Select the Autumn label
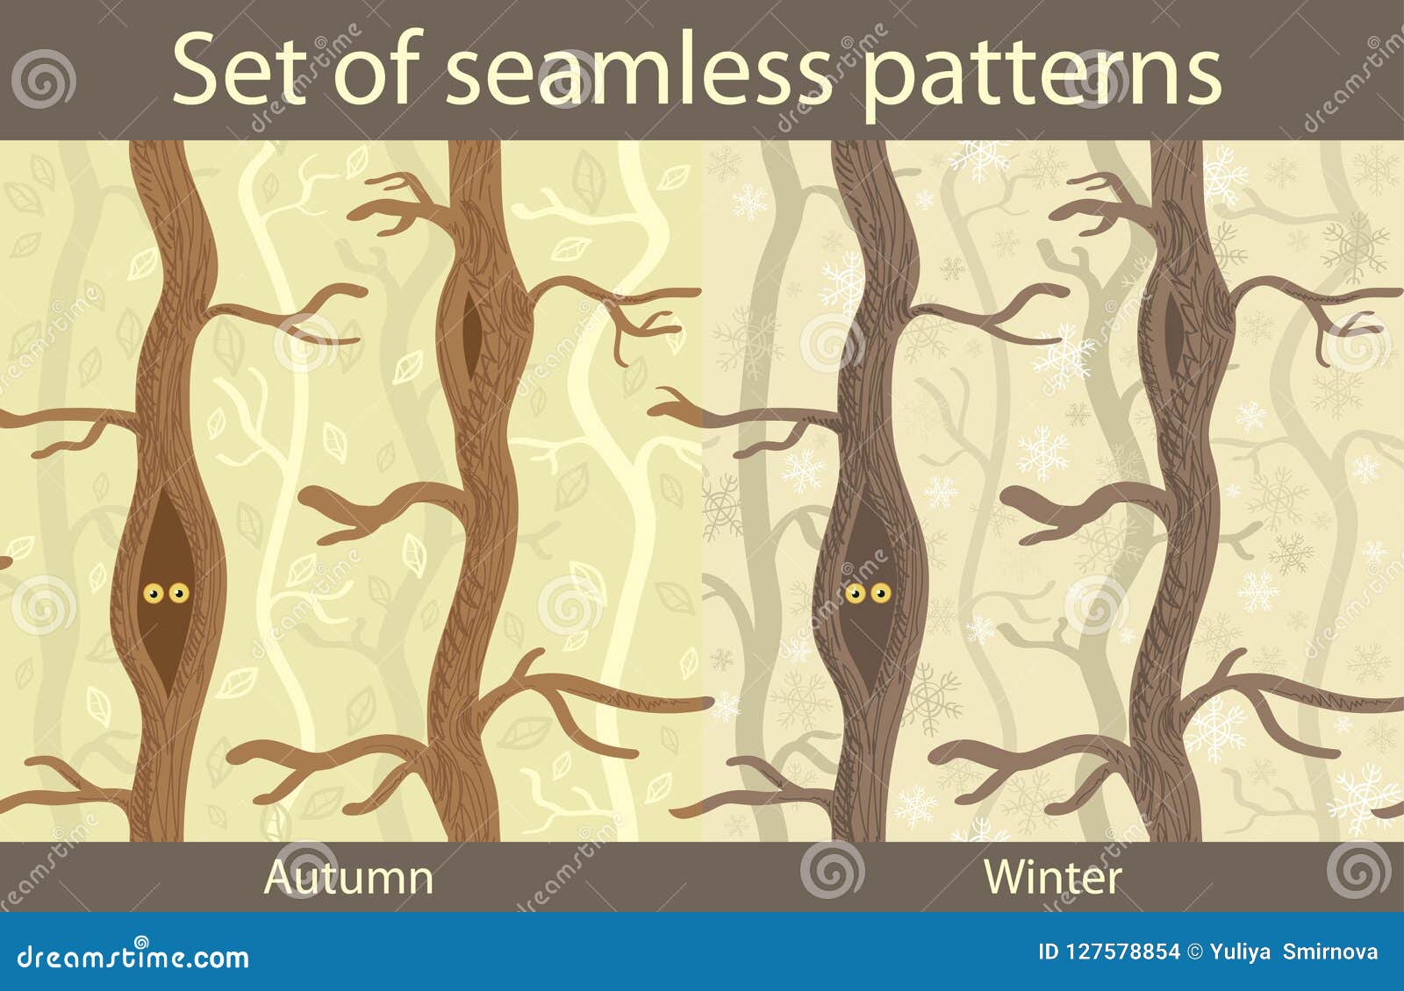pyautogui.click(x=349, y=877)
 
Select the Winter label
pyautogui.click(x=1053, y=877)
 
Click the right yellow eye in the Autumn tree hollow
pyautogui.click(x=178, y=593)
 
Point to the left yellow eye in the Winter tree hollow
pyautogui.click(x=856, y=593)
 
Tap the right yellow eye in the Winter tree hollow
pyautogui.click(x=880, y=593)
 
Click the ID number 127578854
pyautogui.click(x=1120, y=952)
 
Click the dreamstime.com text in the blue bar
pyautogui.click(x=133, y=956)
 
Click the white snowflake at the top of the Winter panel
pyautogui.click(x=980, y=157)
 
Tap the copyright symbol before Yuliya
pyautogui.click(x=1194, y=952)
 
